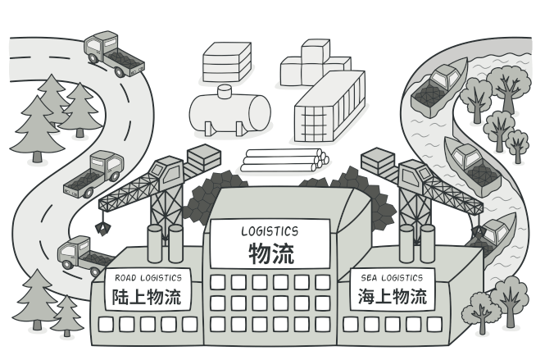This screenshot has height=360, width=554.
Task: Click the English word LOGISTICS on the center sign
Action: click(x=269, y=231)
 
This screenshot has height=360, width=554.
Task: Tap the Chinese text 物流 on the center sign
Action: click(x=270, y=253)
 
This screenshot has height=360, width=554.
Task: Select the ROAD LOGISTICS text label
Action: click(x=148, y=277)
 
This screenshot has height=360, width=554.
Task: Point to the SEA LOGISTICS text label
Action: click(x=392, y=278)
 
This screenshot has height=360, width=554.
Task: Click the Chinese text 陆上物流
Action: click(x=148, y=295)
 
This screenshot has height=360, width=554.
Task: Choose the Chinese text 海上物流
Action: click(x=393, y=295)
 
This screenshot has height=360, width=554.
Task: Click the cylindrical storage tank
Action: click(x=229, y=112)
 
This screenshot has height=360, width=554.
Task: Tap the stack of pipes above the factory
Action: click(x=283, y=160)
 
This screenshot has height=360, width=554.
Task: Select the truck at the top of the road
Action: click(x=111, y=53)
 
